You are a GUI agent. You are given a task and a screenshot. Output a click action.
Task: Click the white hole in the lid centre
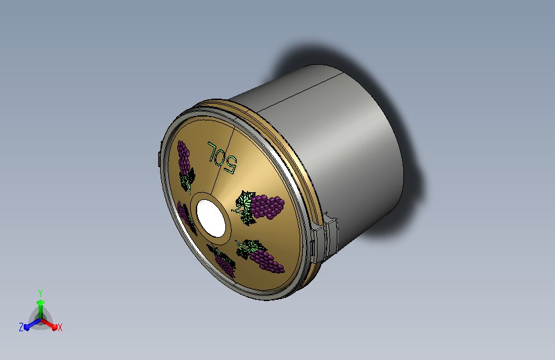tap(211, 218)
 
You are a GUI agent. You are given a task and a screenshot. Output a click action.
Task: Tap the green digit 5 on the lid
tap(230, 165)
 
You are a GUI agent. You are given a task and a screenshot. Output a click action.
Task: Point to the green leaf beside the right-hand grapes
tap(245, 206)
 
